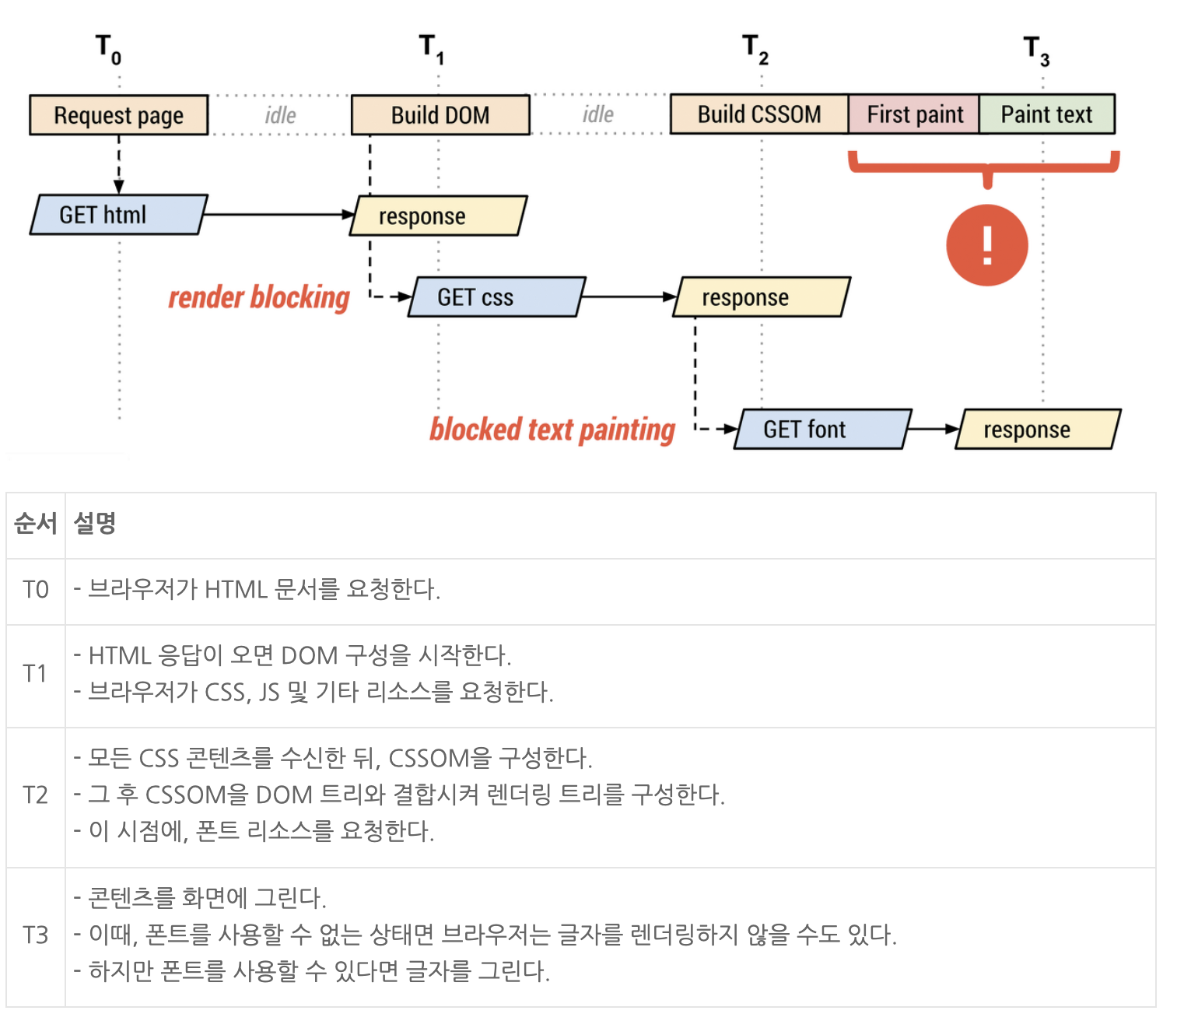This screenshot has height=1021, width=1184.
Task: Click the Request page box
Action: pyautogui.click(x=119, y=115)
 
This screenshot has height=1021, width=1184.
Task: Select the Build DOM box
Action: pyautogui.click(x=440, y=115)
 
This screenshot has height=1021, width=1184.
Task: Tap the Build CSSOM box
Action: pyautogui.click(x=758, y=114)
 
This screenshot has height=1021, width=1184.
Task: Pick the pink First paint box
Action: pyautogui.click(x=914, y=114)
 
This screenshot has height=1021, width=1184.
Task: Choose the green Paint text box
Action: pyautogui.click(x=1046, y=114)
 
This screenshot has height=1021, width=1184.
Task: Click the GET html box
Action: pyautogui.click(x=118, y=215)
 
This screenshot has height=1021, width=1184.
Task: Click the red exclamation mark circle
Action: pyautogui.click(x=987, y=245)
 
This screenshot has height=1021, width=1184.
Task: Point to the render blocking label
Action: pyautogui.click(x=259, y=298)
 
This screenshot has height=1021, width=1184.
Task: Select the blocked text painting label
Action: pyautogui.click(x=552, y=430)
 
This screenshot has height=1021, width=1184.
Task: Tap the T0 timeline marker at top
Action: pyautogui.click(x=108, y=49)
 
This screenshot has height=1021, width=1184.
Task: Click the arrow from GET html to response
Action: pyautogui.click(x=280, y=215)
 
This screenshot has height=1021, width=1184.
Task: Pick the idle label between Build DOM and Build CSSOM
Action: pyautogui.click(x=598, y=115)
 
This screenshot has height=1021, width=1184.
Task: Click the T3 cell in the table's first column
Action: pyautogui.click(x=36, y=935)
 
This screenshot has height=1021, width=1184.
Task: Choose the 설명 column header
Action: pyautogui.click(x=95, y=523)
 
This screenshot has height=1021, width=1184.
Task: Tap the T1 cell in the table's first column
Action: pyautogui.click(x=36, y=673)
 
